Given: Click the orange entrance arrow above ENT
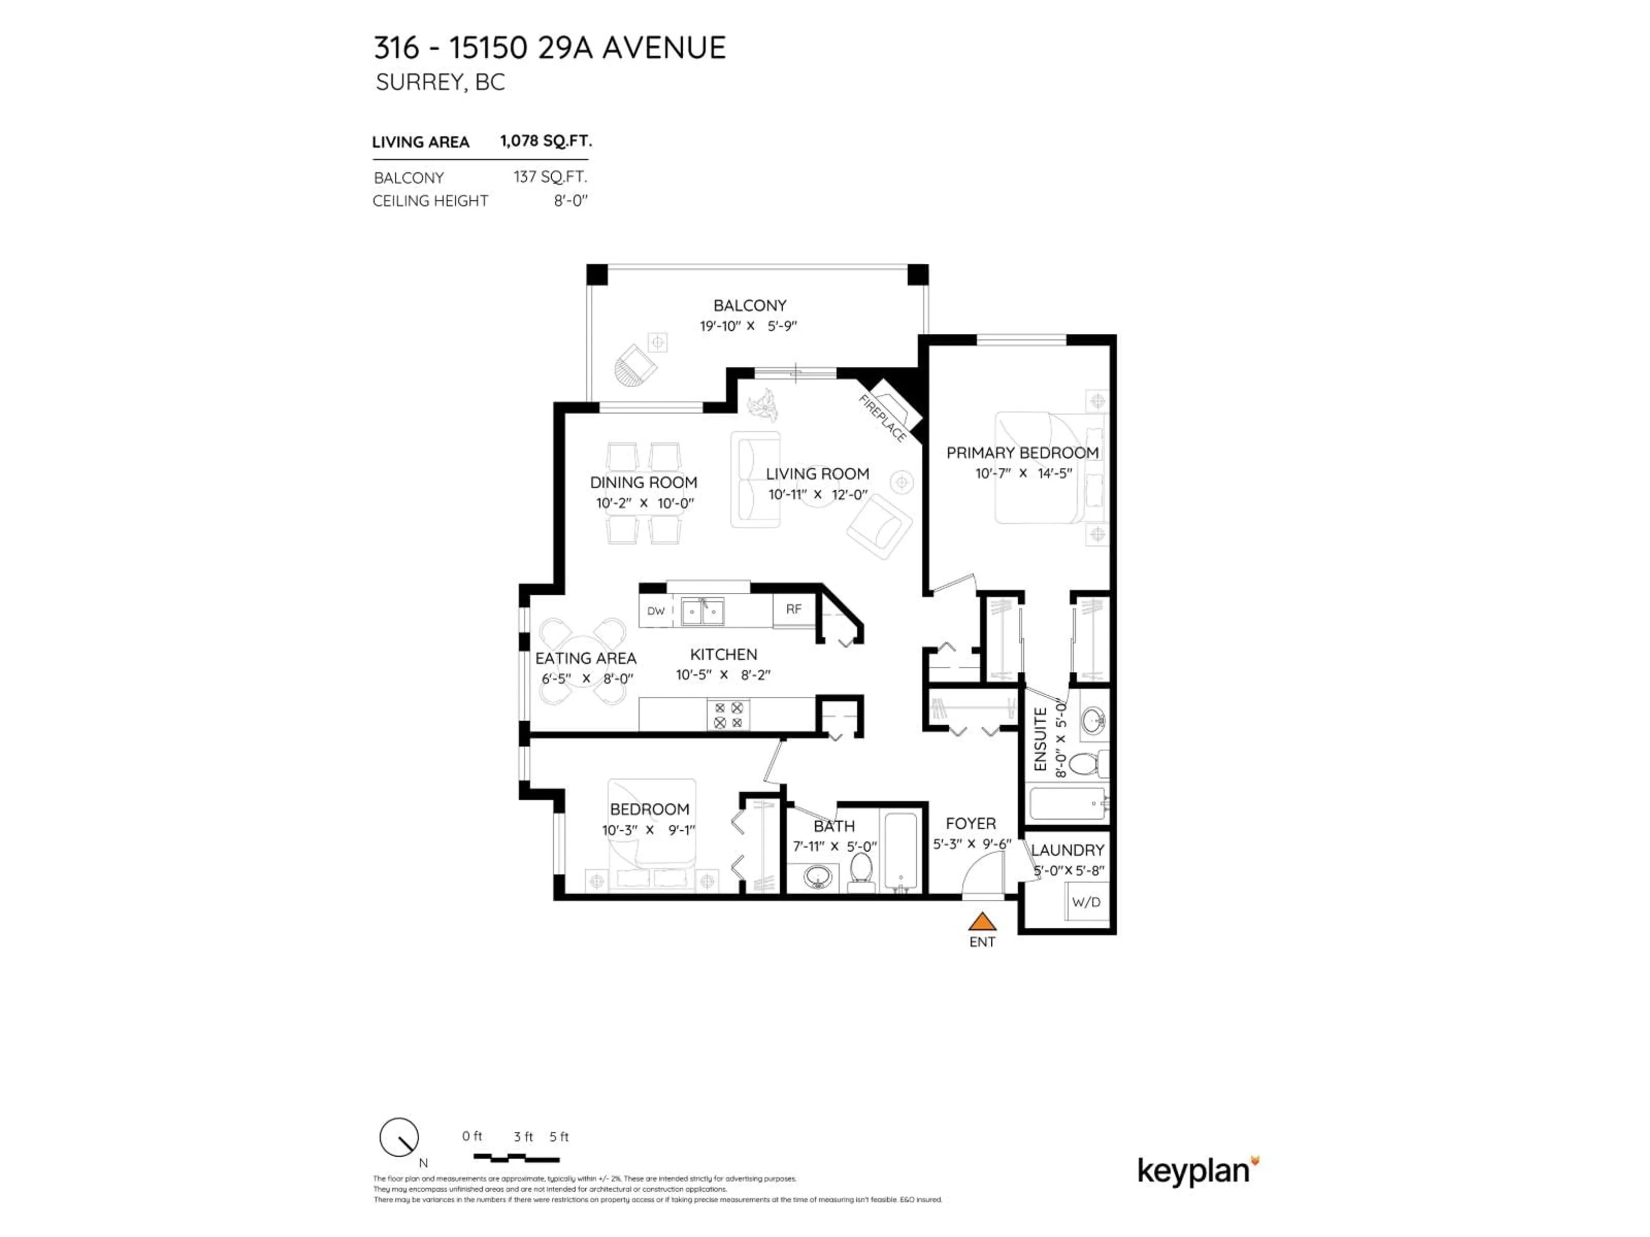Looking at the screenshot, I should (982, 922).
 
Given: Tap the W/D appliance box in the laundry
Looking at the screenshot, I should (1086, 902).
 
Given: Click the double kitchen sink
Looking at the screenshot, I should (702, 612).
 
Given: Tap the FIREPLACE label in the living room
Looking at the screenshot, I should (883, 418).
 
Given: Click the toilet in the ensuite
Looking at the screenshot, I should (1085, 764).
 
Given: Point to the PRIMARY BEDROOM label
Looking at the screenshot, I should (1022, 453).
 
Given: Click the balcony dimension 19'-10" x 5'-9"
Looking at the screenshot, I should (748, 326).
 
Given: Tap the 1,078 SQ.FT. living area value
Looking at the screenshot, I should (546, 141).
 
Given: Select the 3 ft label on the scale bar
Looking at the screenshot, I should (523, 1137).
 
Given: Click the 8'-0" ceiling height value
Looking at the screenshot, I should (571, 201).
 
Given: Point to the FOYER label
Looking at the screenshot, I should (971, 823).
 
